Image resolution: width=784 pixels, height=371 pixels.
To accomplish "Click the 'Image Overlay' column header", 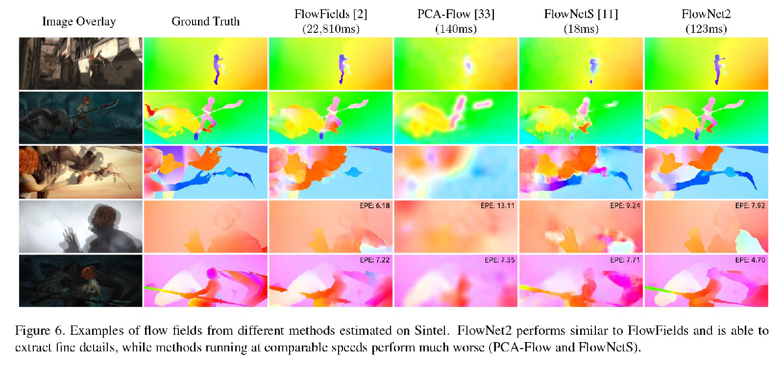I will [79, 22].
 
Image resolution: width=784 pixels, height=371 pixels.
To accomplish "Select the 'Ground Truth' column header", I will [205, 22].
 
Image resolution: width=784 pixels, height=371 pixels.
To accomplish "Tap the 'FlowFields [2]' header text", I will [331, 14].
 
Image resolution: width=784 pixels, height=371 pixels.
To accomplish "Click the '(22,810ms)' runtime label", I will [331, 29].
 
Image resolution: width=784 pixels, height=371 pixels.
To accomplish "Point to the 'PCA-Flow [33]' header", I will [456, 14].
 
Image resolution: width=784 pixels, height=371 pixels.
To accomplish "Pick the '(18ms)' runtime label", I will [581, 29].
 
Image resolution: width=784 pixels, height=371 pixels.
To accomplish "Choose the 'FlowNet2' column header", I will [706, 14].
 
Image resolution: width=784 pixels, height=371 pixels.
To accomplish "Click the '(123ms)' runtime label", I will [706, 29].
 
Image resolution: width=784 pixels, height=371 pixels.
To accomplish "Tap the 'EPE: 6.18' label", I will [374, 206].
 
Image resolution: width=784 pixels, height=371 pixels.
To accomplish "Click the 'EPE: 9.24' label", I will [625, 206].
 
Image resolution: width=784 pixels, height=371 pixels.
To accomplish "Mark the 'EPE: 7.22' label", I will [374, 260].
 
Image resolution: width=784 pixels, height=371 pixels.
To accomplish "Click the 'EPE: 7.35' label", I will [499, 260].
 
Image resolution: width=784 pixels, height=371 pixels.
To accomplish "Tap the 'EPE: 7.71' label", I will [625, 260].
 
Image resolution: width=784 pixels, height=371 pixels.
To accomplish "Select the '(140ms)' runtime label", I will [456, 29].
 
